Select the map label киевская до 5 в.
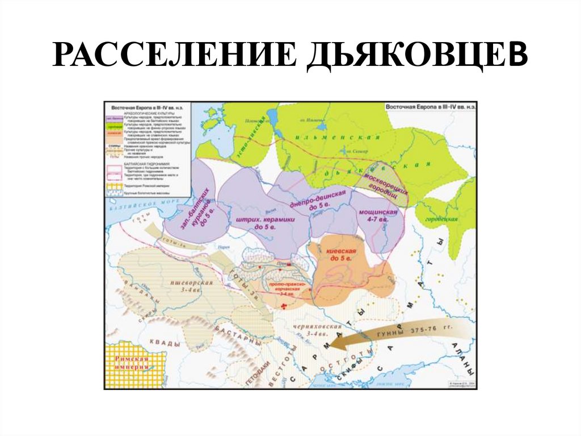click(x=339, y=254)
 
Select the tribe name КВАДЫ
click(x=165, y=344)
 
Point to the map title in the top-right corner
click(x=430, y=107)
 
